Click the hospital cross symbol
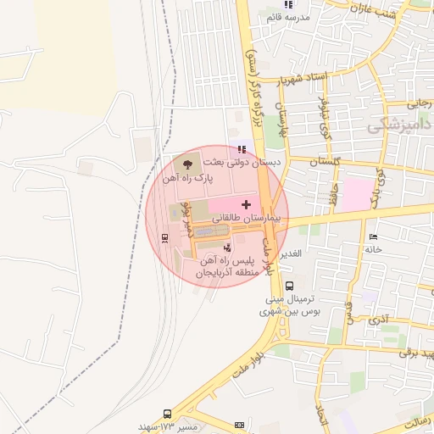click(247, 204)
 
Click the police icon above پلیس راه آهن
click(226, 248)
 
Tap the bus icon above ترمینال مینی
click(290, 286)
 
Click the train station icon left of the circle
click(164, 236)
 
